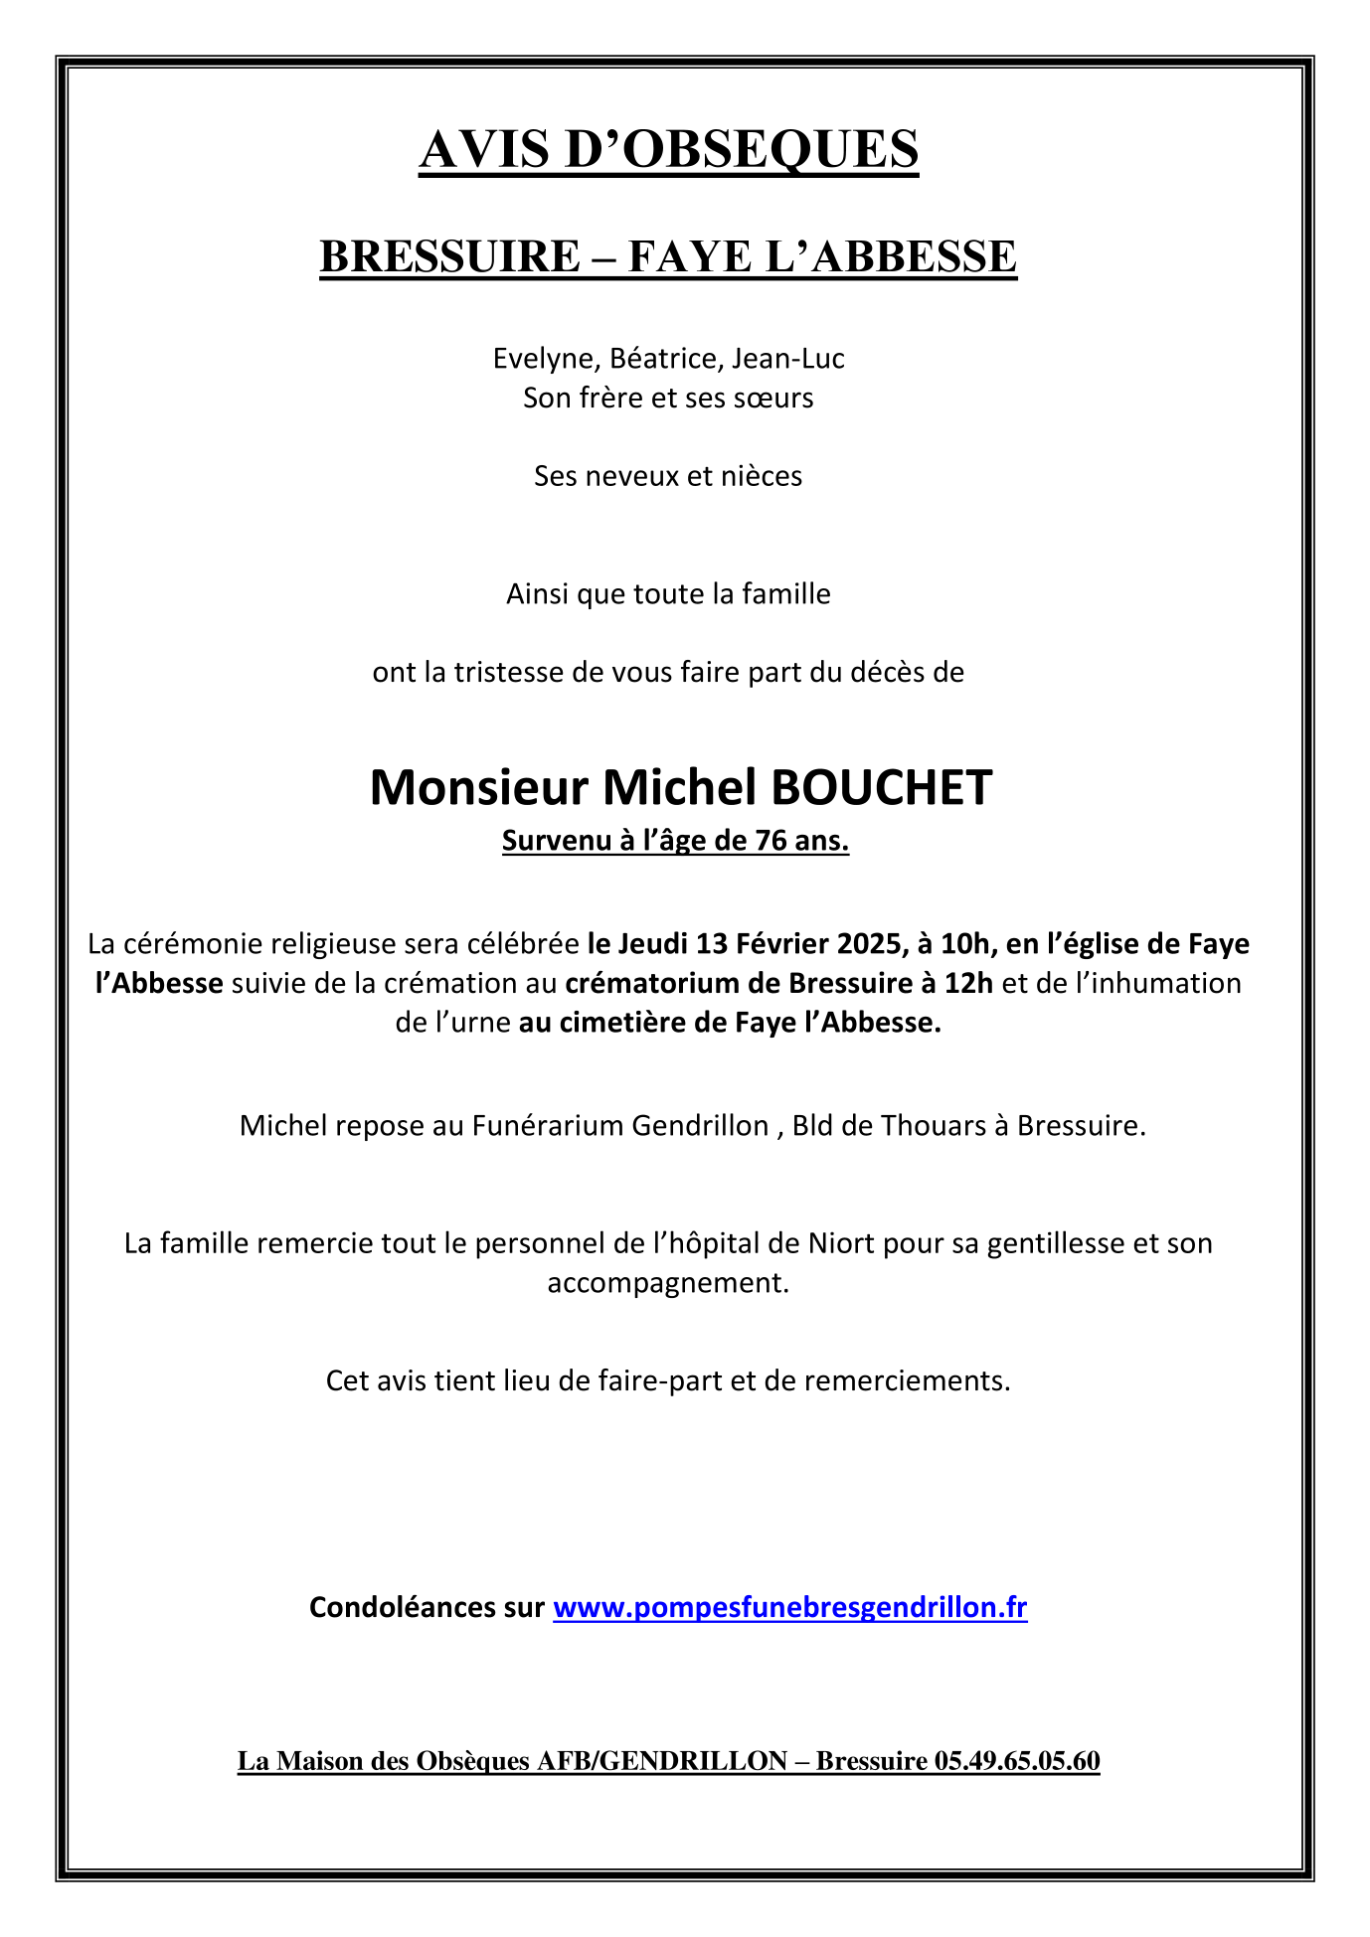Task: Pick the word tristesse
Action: coord(509,673)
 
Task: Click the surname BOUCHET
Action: coord(881,788)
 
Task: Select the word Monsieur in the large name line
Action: coord(479,788)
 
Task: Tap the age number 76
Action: coord(771,842)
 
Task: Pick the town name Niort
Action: coord(840,1243)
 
